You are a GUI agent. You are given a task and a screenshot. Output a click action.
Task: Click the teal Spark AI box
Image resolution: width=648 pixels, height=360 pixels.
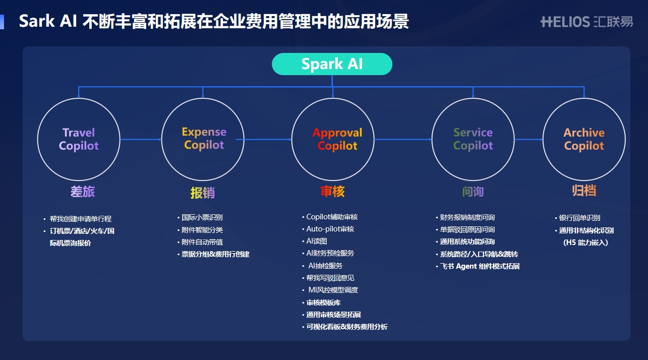click(332, 64)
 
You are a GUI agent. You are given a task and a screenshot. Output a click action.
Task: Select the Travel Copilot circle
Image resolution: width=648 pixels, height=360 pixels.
click(79, 139)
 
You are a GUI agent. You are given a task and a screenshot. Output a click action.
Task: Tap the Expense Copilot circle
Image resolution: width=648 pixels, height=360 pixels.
click(203, 139)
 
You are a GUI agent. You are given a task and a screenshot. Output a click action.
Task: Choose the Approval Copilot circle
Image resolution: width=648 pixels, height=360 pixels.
click(333, 139)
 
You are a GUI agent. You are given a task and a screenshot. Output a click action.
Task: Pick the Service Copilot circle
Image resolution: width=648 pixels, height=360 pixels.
click(473, 139)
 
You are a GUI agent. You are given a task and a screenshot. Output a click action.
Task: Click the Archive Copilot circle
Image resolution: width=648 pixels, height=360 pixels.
click(584, 139)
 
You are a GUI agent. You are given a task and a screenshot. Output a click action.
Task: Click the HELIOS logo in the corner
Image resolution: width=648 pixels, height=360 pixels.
click(586, 22)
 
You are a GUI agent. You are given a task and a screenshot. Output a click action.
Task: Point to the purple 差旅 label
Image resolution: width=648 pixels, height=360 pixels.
click(83, 192)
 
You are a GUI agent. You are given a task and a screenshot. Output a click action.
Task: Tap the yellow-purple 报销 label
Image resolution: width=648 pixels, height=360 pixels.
click(203, 193)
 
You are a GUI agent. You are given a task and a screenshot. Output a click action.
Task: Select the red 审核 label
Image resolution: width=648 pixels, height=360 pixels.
click(333, 192)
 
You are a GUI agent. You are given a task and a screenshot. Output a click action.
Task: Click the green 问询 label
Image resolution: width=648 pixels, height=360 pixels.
click(473, 192)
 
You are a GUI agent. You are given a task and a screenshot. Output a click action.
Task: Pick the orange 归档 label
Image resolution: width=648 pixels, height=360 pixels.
click(584, 191)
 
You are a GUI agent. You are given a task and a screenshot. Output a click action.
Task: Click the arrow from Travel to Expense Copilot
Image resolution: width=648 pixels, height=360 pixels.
click(141, 139)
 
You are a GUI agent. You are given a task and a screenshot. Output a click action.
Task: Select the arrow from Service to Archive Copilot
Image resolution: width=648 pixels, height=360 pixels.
click(528, 139)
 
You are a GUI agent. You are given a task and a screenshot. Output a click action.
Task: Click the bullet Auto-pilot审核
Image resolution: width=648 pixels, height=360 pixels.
click(330, 229)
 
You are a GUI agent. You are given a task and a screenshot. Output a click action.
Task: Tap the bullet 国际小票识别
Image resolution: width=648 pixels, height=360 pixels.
click(202, 217)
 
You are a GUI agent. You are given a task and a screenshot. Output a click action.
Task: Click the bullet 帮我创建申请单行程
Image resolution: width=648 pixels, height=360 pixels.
click(81, 219)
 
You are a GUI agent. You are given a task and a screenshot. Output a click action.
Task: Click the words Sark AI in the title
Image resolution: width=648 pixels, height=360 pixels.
click(47, 22)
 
